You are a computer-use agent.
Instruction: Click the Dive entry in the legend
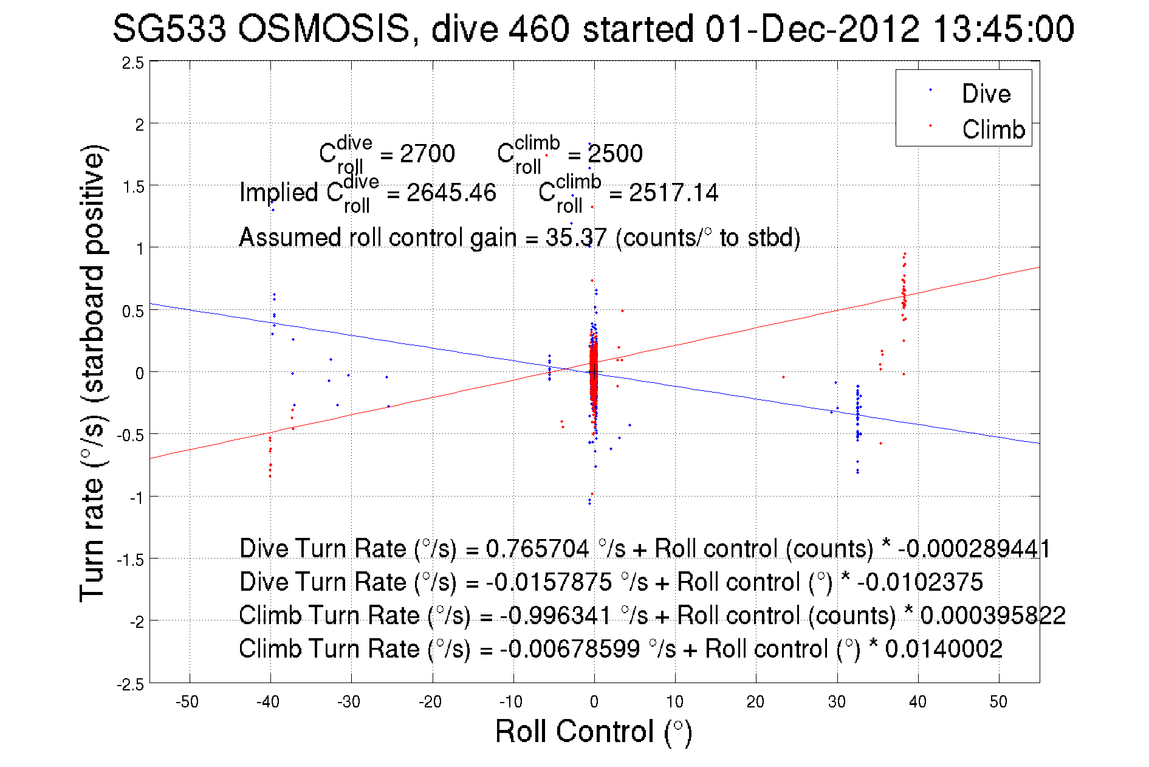pos(986,94)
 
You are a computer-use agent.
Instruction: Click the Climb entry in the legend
pos(993,129)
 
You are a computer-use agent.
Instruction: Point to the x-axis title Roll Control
pos(593,731)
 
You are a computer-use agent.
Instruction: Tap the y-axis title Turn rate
pos(92,373)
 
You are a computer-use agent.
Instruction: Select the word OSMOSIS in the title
pos(324,29)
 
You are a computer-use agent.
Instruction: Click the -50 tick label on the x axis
pos(187,702)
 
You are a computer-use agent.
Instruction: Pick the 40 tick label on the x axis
pos(917,702)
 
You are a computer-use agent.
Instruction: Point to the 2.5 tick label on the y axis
pos(133,63)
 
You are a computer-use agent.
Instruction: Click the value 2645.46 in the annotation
pos(451,193)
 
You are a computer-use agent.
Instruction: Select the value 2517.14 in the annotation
pos(673,193)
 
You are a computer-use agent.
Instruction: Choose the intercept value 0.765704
pos(537,549)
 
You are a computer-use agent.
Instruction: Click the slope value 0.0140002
pos(943,649)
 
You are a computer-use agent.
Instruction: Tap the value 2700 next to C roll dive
pos(427,154)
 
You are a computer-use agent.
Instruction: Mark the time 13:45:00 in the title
pos(1003,29)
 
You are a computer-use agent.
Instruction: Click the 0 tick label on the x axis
pos(594,702)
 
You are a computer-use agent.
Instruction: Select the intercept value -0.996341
pos(555,616)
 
